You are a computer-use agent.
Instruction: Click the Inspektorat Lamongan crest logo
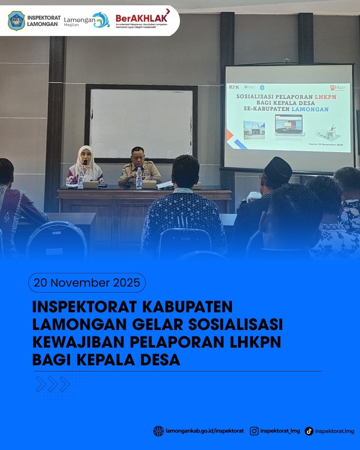click(x=16, y=21)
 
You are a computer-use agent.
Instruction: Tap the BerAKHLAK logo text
click(x=141, y=18)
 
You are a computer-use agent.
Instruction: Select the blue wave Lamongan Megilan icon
click(x=102, y=20)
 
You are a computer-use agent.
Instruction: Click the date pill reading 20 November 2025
click(x=87, y=283)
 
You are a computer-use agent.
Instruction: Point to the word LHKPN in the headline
click(x=255, y=342)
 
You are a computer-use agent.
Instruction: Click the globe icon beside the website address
click(x=158, y=431)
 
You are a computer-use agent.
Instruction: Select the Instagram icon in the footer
click(x=254, y=431)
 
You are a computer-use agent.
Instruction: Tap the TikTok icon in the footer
click(x=309, y=431)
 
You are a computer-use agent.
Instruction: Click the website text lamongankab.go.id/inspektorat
click(x=204, y=431)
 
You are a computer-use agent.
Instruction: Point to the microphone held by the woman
click(x=85, y=163)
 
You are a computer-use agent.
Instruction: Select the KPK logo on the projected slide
click(x=234, y=87)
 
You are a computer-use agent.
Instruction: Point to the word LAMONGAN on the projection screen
click(x=310, y=109)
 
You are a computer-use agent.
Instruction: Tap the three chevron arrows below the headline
click(x=53, y=384)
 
